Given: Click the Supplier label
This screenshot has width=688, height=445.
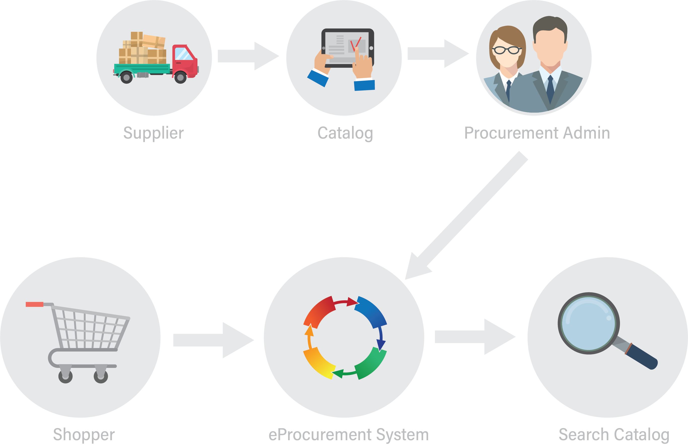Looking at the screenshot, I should (x=153, y=133).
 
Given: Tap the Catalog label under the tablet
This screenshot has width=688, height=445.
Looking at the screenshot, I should (x=345, y=133).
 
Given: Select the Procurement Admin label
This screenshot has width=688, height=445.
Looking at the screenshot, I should (x=537, y=133).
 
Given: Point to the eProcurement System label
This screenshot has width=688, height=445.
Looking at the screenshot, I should (x=349, y=434).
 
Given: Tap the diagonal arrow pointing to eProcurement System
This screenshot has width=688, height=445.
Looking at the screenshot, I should (x=468, y=214).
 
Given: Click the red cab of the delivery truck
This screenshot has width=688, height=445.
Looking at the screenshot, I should (x=185, y=62).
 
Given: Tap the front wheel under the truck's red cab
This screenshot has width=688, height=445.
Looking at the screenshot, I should (x=181, y=77).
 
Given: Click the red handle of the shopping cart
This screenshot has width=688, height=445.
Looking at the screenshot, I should (x=34, y=304).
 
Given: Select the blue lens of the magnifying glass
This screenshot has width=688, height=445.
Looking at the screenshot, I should (x=588, y=323).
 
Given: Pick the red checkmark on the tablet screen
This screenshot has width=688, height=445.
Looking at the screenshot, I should (x=355, y=44).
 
